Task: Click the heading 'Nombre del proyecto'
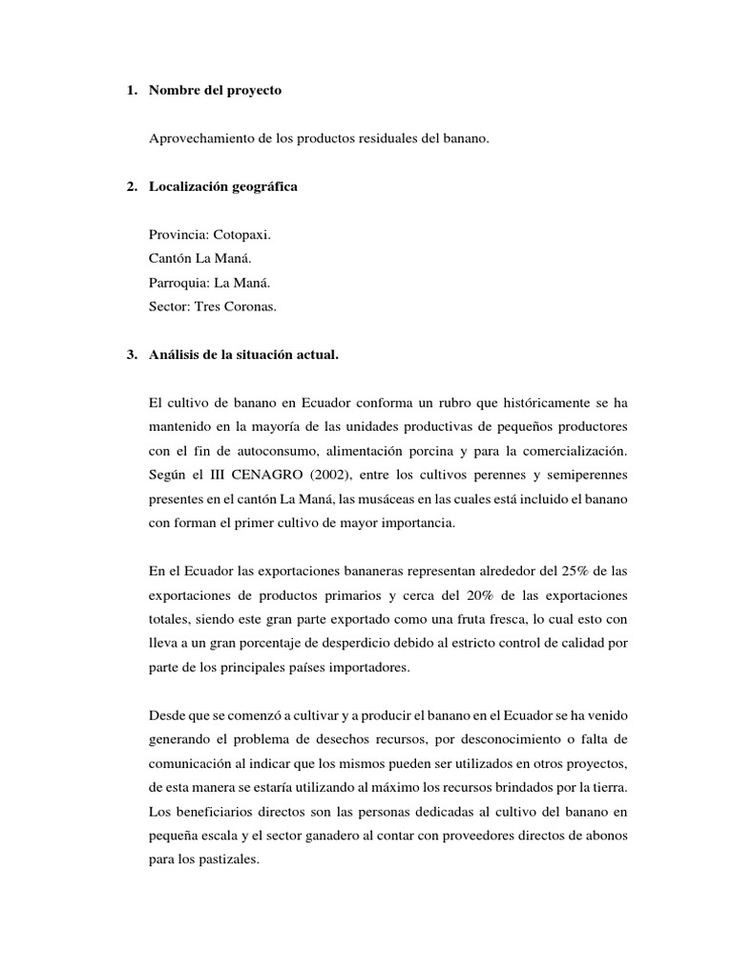pos(216,91)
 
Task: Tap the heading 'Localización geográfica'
pos(223,186)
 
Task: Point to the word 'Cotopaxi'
pos(247,234)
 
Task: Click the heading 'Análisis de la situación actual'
pos(243,354)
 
